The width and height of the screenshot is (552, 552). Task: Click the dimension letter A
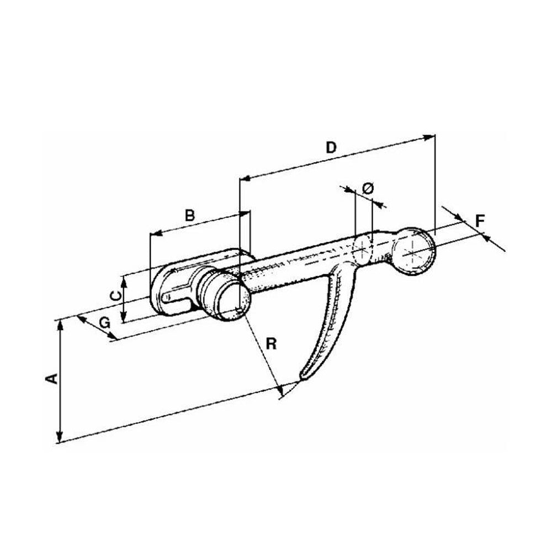pos(52,379)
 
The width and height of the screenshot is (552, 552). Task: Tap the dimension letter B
pos(190,215)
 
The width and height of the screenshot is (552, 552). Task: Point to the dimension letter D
pos(331,147)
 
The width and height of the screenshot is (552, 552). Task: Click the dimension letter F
pos(480,221)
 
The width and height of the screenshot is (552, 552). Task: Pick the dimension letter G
pos(104,322)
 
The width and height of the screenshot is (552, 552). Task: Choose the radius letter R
pos(271,343)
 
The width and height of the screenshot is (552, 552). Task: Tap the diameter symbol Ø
pos(368,189)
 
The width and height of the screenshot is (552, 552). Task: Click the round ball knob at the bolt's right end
pos(414,251)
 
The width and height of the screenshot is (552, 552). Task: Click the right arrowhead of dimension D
pos(428,137)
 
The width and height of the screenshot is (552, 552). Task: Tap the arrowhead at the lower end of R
pos(280,390)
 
